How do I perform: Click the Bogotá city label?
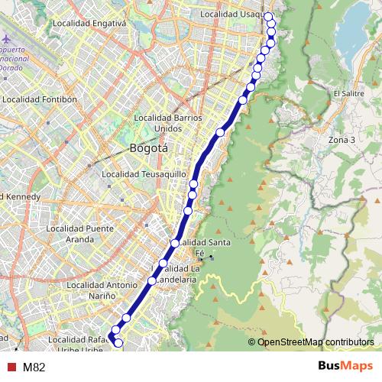(x=148, y=147)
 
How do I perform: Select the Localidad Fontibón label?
(x=40, y=99)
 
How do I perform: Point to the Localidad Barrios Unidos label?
(x=167, y=123)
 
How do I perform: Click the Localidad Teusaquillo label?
(x=144, y=174)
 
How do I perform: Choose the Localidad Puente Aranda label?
(x=79, y=233)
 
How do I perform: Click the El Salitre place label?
(x=348, y=93)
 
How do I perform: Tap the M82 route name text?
(x=34, y=367)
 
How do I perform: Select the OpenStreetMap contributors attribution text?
(x=315, y=342)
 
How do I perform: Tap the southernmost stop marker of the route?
(x=118, y=344)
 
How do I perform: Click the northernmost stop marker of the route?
(x=269, y=16)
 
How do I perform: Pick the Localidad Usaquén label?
(x=231, y=15)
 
